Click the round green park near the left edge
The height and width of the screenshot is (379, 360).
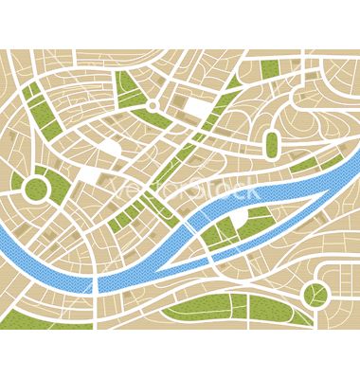point(36,187)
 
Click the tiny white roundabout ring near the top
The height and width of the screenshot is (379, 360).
point(152,105)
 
